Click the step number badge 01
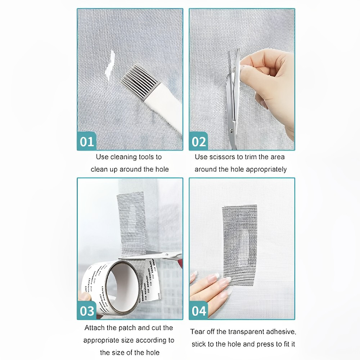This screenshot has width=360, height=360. pos(87,141)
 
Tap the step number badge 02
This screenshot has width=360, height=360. pos(199,141)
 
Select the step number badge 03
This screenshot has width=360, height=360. pos(87,311)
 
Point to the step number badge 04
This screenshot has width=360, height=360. pos(199,311)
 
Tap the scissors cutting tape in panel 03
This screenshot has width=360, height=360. pos(158,257)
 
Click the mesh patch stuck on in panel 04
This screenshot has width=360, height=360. pos(239,243)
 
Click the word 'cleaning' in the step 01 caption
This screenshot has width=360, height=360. pos(123,157)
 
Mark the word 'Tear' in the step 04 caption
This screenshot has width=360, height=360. pos(197,332)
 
